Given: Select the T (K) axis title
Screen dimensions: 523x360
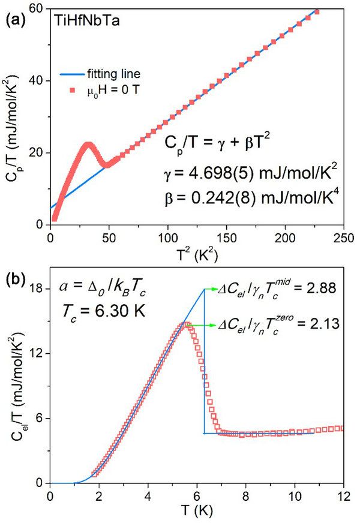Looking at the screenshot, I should coord(196,511).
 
